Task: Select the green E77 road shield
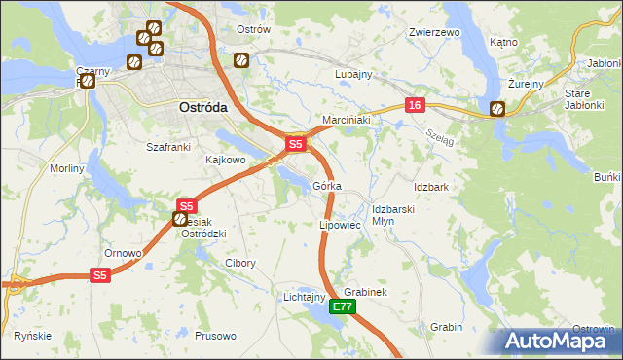[x=342, y=306]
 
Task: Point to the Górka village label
[x=327, y=186]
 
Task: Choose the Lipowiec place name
[x=340, y=225]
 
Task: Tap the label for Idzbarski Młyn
[x=394, y=214]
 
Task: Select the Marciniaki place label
[x=342, y=120]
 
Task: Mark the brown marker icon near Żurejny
[x=497, y=109]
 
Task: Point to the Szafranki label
[x=166, y=146]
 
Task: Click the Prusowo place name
[x=215, y=336]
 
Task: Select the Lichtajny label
[x=303, y=296]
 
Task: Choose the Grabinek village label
[x=365, y=292]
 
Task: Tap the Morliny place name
[x=67, y=168]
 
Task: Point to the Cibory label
[x=239, y=263]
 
